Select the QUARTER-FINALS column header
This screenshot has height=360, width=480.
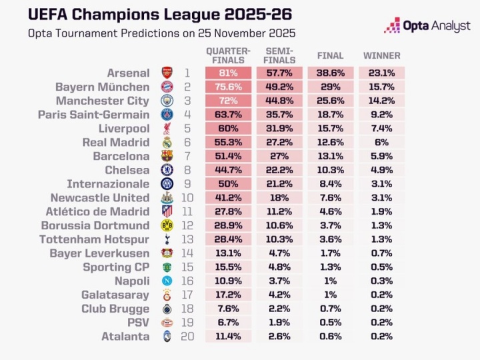tap(228, 55)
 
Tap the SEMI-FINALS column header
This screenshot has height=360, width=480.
tap(279, 55)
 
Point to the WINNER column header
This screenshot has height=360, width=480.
tap(382, 56)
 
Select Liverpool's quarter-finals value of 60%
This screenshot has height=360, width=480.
tap(228, 129)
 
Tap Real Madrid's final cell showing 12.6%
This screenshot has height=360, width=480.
tap(331, 143)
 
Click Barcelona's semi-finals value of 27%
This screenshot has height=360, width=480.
tap(279, 156)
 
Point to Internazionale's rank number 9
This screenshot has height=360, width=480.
tap(187, 184)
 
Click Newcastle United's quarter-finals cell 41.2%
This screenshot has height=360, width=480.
tap(228, 198)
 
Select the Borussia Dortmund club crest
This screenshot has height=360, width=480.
tap(167, 225)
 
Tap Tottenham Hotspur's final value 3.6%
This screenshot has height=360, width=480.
tap(331, 239)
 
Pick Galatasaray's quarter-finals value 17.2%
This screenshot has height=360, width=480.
tap(228, 295)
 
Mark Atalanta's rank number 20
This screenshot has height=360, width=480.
tap(187, 337)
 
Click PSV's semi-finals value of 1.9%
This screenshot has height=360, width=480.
tap(279, 323)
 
